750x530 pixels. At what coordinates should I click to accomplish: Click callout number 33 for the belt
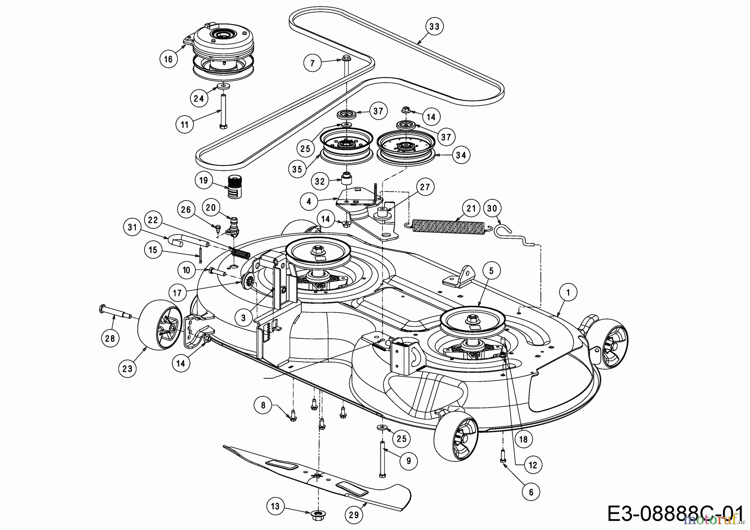[x=434, y=27]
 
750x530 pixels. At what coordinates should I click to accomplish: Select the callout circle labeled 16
[x=168, y=59]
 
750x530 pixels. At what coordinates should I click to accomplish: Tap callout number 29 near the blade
[x=354, y=515]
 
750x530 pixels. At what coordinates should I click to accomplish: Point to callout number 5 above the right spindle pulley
[x=491, y=271]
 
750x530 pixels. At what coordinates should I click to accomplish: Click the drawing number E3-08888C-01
[x=675, y=513]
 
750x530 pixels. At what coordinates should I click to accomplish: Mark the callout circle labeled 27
[x=425, y=187]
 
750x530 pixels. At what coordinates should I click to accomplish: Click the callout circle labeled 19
[x=204, y=180]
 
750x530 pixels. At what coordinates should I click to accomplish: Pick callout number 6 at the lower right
[x=531, y=492]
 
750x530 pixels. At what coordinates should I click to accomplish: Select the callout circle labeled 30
[x=492, y=208]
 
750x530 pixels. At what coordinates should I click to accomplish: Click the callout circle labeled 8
[x=263, y=405]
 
